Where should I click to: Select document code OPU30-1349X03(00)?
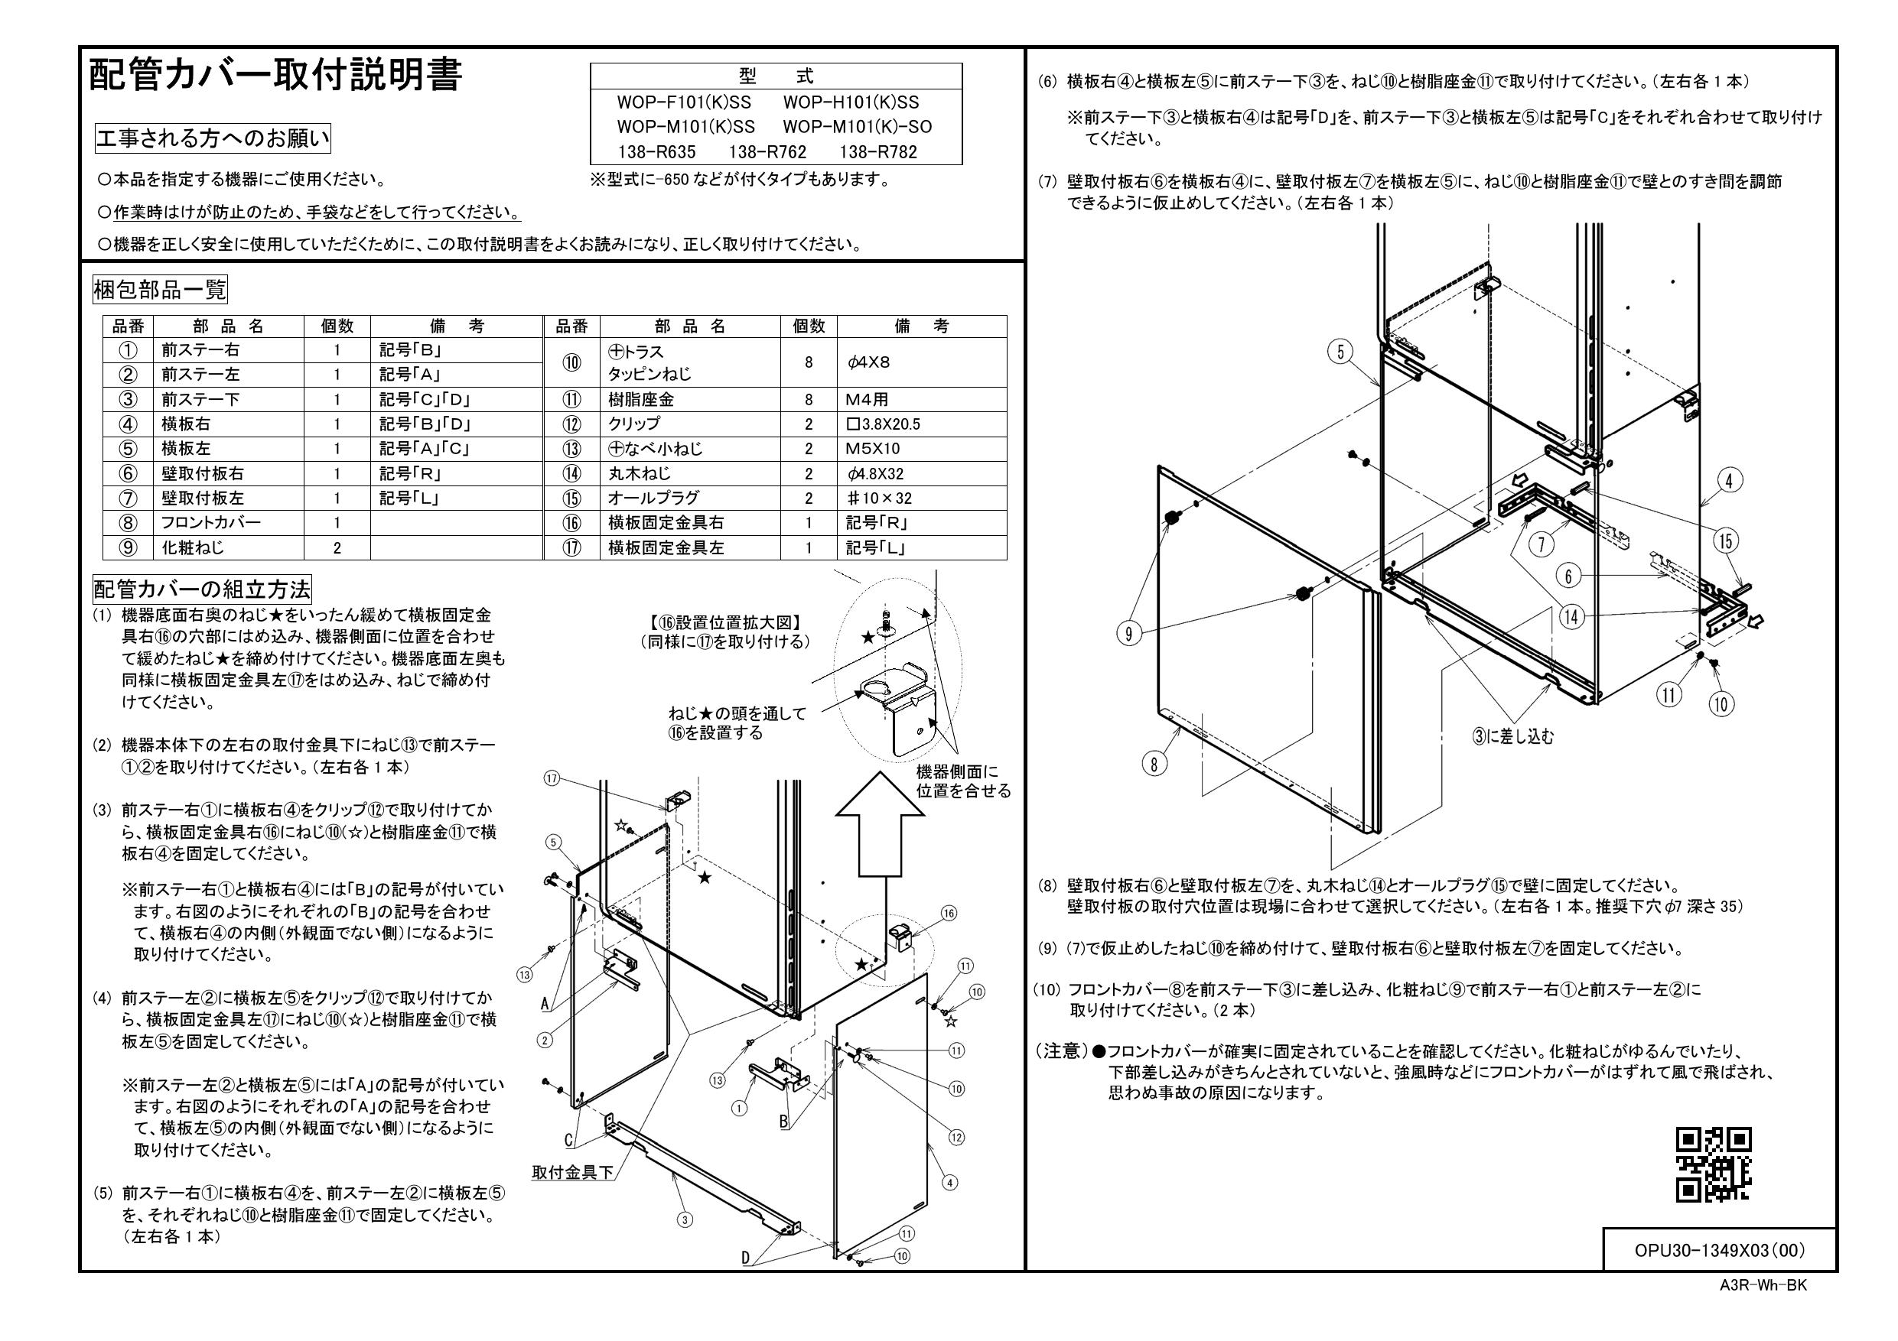1720,1250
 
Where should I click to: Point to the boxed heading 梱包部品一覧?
160,290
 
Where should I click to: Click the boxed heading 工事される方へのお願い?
213,139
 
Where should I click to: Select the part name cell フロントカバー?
211,522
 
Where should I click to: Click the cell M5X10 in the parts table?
872,449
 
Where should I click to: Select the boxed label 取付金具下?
573,1171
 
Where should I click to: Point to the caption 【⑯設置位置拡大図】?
725,622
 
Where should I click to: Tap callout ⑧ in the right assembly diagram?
1154,764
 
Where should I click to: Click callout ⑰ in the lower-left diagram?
552,778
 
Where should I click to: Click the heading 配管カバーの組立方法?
202,590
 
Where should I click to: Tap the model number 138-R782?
877,152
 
